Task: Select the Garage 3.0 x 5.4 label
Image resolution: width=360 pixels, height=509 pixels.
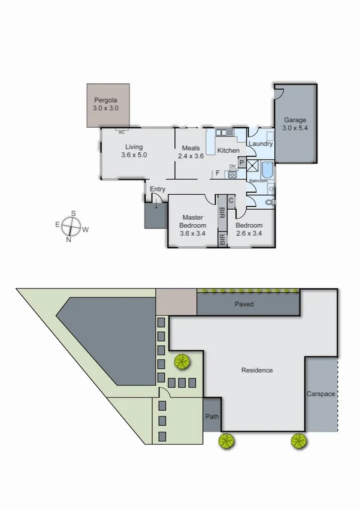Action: click(295, 124)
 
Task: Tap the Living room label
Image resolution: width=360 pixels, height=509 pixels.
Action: click(134, 150)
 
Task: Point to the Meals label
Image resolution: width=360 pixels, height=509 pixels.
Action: click(191, 152)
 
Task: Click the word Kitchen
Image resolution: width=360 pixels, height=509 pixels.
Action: click(228, 150)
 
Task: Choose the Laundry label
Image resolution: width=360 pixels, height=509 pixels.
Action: click(261, 144)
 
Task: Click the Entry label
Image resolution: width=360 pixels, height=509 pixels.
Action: click(158, 189)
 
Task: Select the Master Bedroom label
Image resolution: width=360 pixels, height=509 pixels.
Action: click(193, 225)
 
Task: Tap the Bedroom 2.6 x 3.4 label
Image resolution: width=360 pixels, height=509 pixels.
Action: click(249, 230)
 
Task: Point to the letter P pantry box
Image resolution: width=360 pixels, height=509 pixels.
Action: click(241, 162)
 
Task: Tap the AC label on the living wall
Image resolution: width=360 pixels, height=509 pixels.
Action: click(122, 132)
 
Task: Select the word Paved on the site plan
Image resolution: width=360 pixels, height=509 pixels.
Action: click(244, 305)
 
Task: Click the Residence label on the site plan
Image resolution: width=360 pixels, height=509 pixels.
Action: click(257, 371)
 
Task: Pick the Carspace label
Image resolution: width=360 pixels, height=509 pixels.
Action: click(320, 394)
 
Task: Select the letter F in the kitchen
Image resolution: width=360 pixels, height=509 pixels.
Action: click(217, 173)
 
